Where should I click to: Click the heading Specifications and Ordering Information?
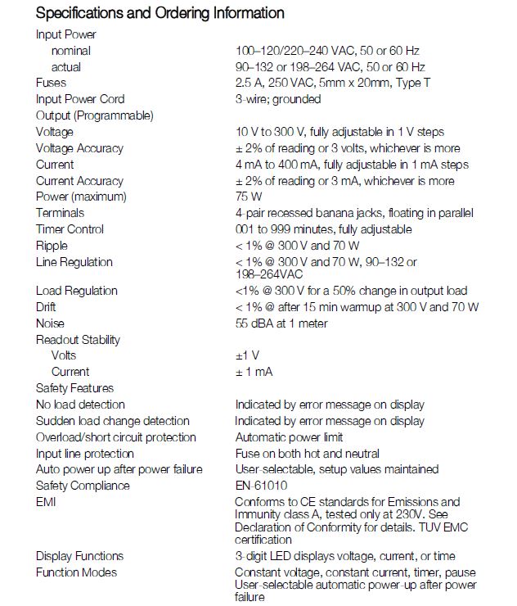[160, 13]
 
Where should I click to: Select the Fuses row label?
[51, 83]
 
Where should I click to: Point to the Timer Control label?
[70, 229]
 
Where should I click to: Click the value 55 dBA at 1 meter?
[281, 323]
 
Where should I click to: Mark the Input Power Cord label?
[80, 99]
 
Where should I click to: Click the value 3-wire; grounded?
[278, 99]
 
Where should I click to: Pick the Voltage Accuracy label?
[79, 148]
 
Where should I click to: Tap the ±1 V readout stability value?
[248, 355]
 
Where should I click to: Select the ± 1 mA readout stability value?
[254, 372]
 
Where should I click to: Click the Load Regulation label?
[77, 291]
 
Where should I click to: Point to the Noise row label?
[50, 323]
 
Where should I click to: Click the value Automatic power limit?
[289, 437]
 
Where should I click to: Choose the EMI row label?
[46, 502]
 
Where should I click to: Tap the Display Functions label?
[79, 556]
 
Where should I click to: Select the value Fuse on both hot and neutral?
[308, 454]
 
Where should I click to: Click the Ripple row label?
[52, 246]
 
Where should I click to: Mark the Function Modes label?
[76, 572]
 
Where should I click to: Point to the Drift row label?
[46, 307]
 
